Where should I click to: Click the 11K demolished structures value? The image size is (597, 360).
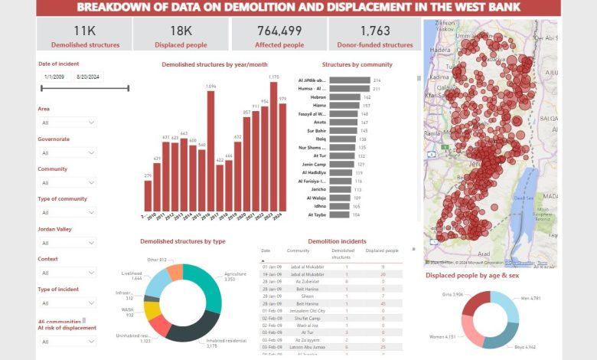(85, 31)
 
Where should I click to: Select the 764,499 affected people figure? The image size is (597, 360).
(279, 31)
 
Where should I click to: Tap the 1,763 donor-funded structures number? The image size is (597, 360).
(375, 31)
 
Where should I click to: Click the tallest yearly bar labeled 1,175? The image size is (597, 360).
(273, 146)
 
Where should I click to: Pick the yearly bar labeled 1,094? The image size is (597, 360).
(210, 151)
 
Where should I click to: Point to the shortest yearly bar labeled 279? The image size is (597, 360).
(148, 196)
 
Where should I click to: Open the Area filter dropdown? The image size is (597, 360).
(67, 123)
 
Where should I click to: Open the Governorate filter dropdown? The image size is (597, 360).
(67, 152)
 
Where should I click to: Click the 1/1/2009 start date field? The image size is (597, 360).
(55, 77)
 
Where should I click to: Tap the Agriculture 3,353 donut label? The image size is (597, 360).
(236, 277)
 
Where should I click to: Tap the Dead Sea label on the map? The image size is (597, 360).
(524, 197)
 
